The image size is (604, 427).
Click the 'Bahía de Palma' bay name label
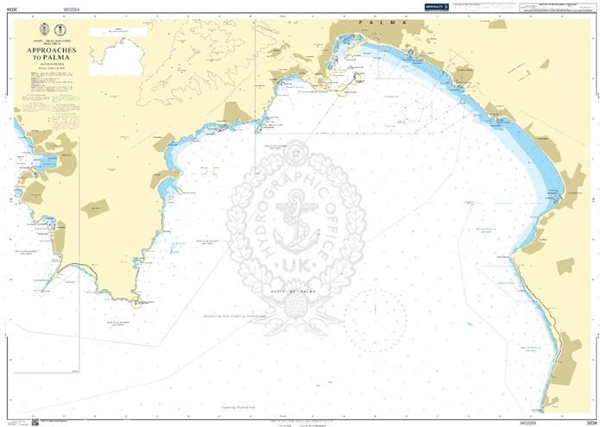(x=306, y=293)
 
